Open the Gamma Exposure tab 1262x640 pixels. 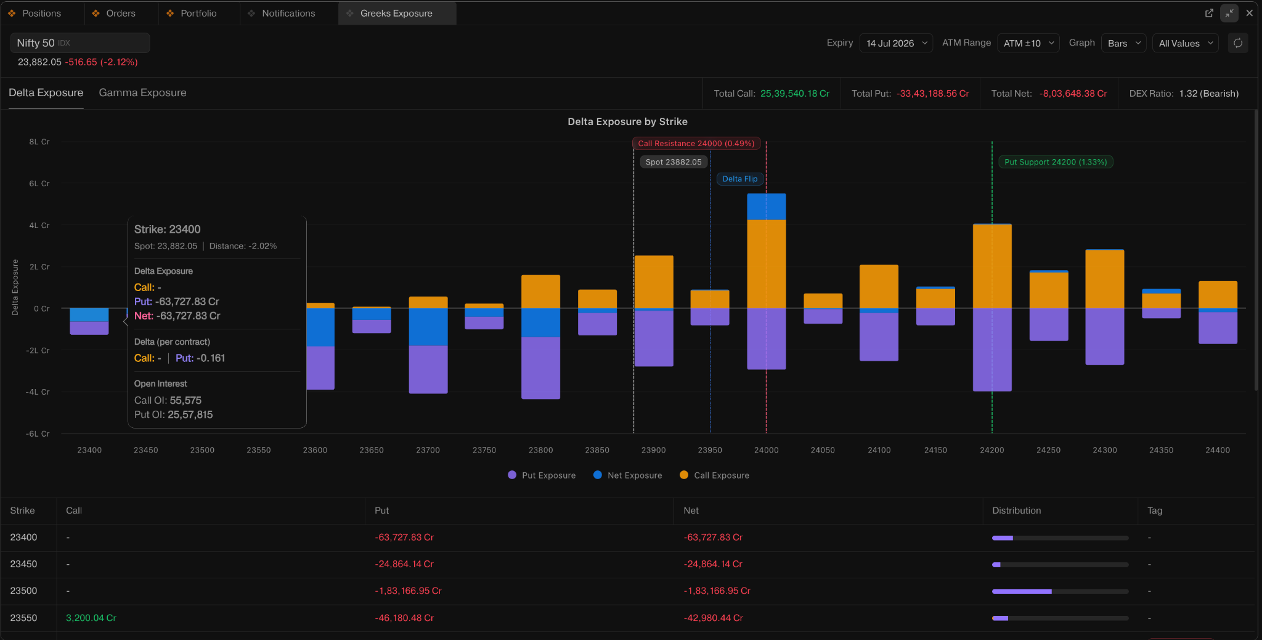coord(142,92)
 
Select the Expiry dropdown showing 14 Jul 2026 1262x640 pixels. coord(896,43)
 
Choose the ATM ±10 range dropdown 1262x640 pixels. coord(1028,43)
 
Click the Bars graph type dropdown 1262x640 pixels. coord(1123,43)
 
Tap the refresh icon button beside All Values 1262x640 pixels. coord(1238,43)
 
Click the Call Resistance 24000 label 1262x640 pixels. coord(696,144)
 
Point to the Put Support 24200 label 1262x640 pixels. coord(1056,162)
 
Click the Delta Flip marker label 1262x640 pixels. coord(739,179)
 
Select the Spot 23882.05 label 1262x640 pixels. coord(674,162)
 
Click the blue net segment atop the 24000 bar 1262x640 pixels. coord(766,207)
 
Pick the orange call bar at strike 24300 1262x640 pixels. coord(1104,279)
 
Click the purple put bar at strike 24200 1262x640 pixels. coord(992,350)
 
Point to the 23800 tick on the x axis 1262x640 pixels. coord(540,450)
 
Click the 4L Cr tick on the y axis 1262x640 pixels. coord(39,225)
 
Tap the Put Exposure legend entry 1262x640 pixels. coord(542,475)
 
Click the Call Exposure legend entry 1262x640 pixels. coord(714,475)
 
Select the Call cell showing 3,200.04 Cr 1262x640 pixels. coord(91,618)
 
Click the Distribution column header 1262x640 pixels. coord(1017,511)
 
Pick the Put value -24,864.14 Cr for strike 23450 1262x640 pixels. coord(404,564)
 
